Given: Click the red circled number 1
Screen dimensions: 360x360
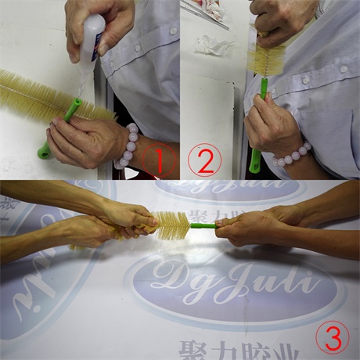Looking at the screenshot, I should click(160, 160).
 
